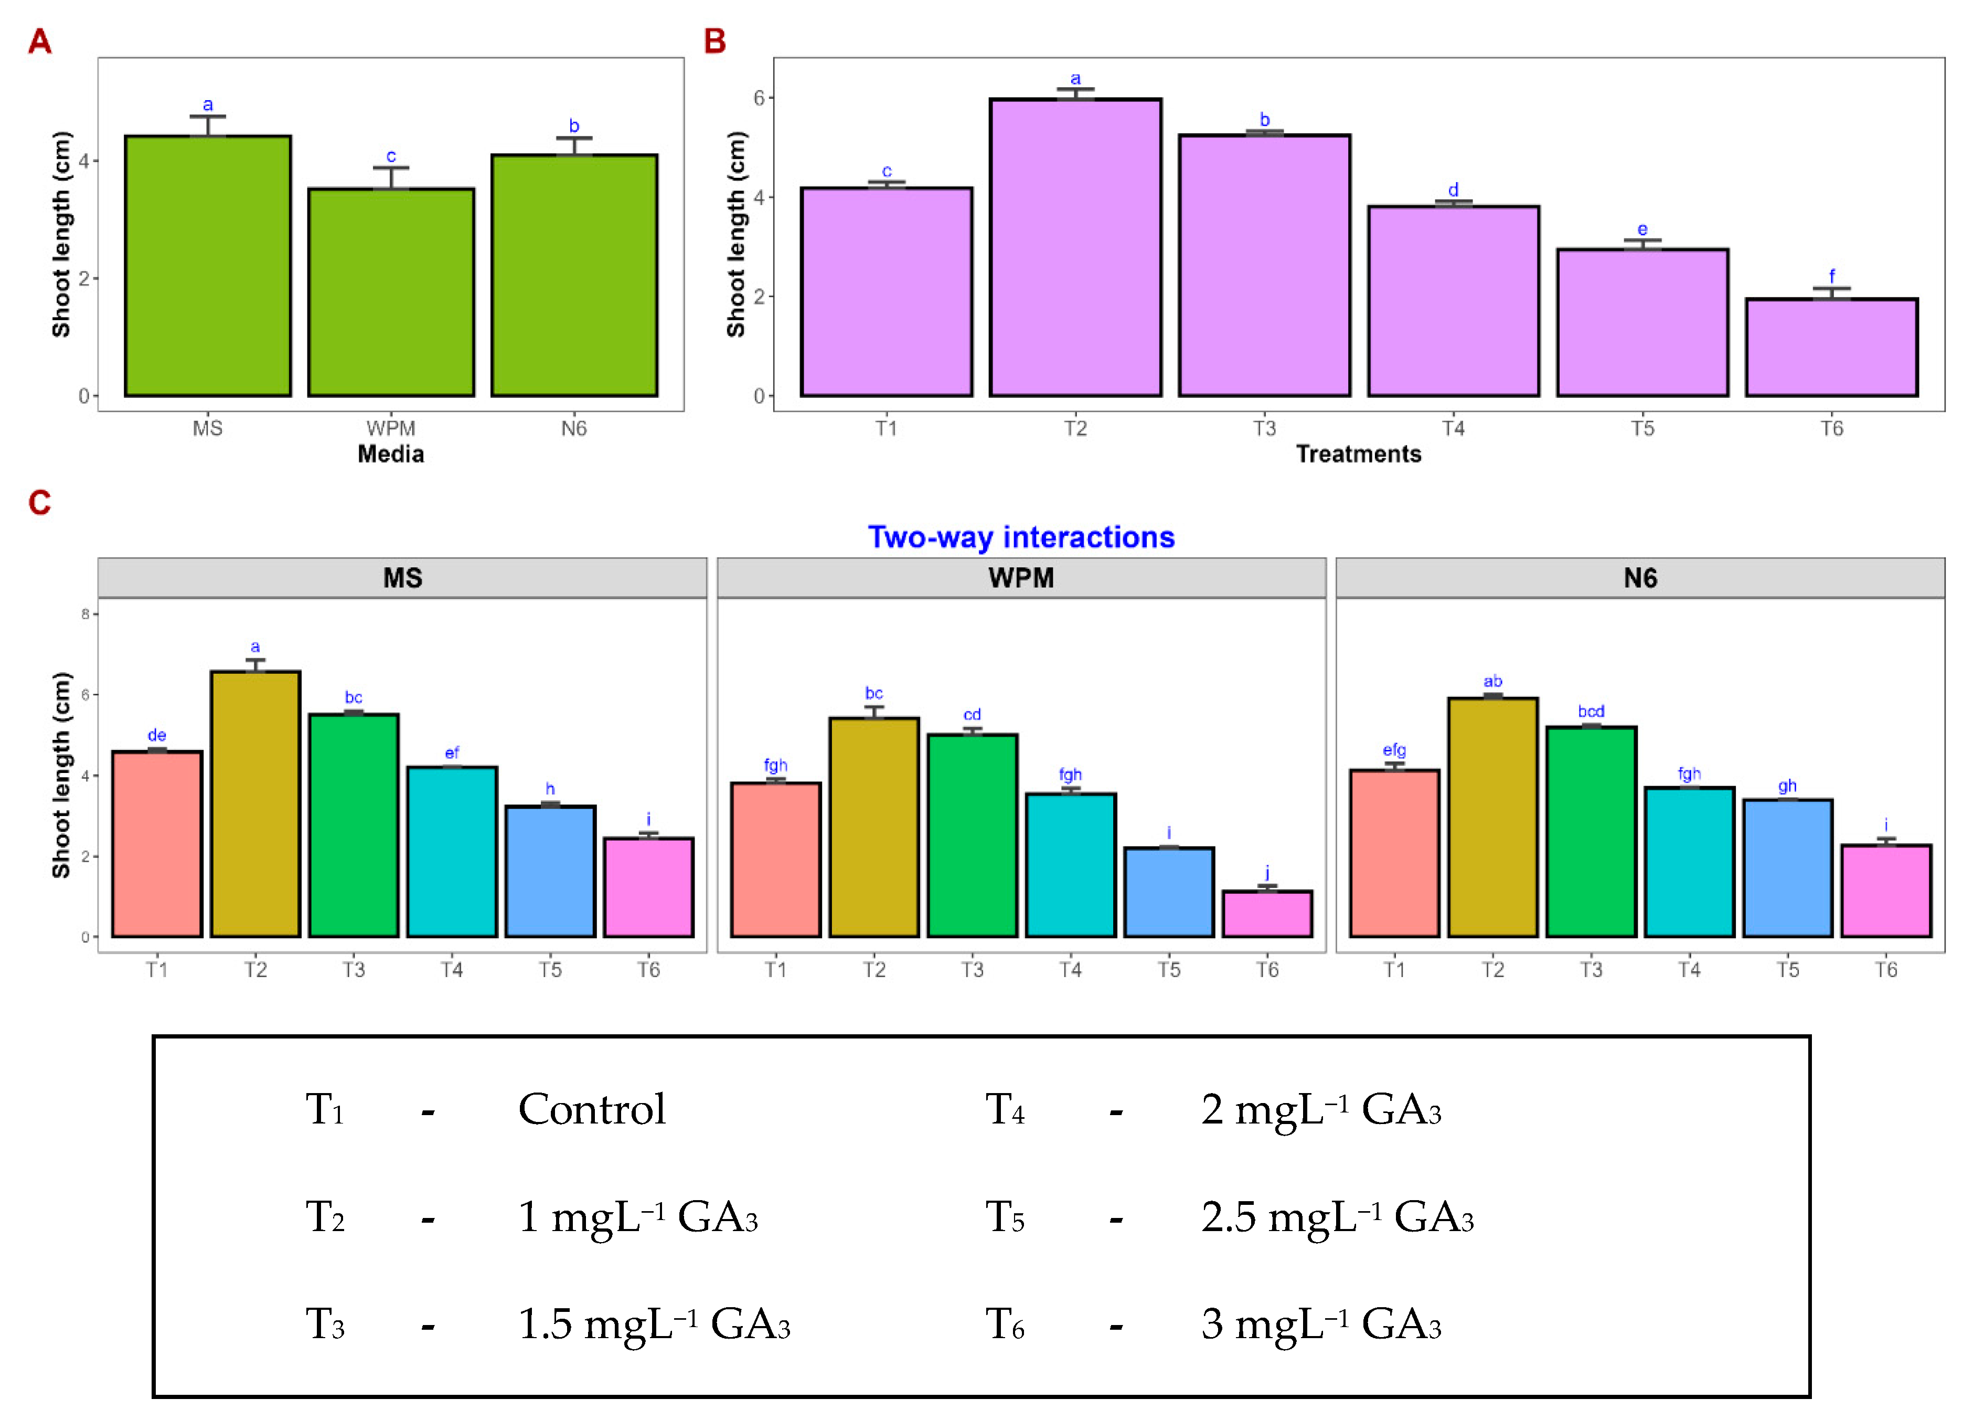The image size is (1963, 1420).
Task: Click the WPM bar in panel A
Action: pos(391,293)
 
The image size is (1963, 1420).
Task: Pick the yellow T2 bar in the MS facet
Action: pos(255,803)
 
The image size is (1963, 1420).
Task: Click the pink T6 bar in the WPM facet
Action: pos(1267,914)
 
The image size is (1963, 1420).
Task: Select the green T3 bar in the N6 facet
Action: pos(1591,831)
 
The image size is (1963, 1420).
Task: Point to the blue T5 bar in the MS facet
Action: pos(550,871)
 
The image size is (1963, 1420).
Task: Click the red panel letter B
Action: pos(715,41)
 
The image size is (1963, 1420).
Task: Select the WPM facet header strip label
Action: pos(1021,578)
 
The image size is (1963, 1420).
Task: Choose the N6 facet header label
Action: pos(1640,578)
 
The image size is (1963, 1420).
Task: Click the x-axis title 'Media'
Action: pos(391,454)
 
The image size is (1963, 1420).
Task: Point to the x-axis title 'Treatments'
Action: pos(1359,454)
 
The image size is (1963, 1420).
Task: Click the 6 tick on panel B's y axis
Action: pos(759,98)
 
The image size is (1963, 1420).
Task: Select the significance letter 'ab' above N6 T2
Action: pos(1493,682)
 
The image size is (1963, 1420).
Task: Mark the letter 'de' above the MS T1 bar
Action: pos(157,735)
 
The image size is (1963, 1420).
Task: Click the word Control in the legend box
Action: pos(592,1109)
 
